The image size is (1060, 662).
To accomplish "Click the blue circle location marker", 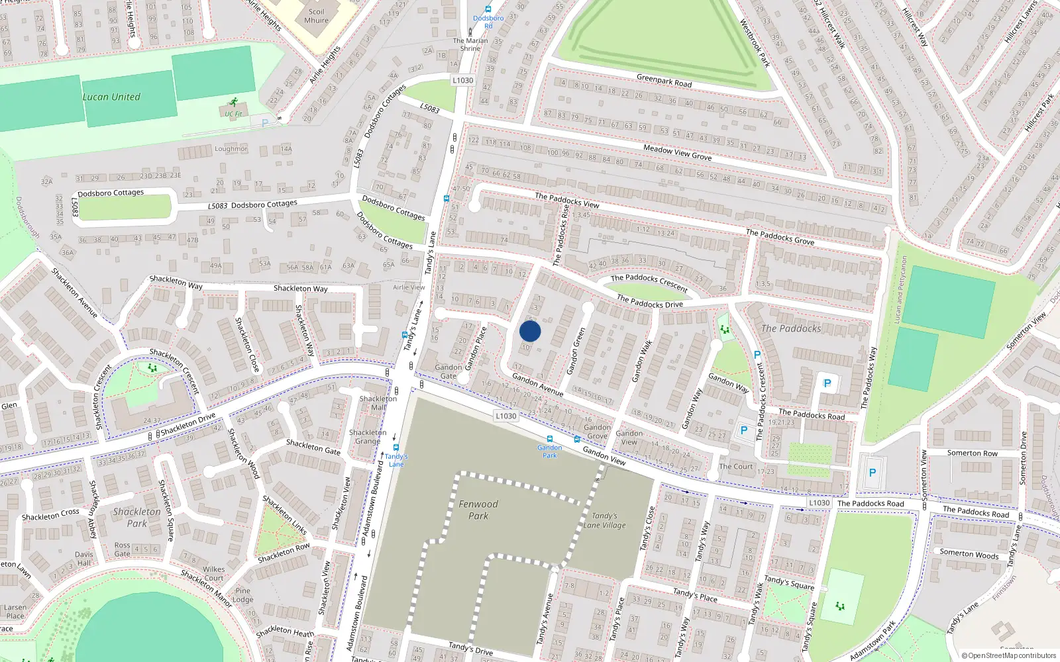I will pyautogui.click(x=530, y=331).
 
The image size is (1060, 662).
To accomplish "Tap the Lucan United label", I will pyautogui.click(x=111, y=97).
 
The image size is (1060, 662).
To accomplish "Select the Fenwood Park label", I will pyautogui.click(x=478, y=510).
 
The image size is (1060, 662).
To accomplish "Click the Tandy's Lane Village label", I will pyautogui.click(x=604, y=520).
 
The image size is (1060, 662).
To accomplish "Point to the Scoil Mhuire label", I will pyautogui.click(x=316, y=16).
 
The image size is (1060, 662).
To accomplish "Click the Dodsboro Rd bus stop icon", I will pyautogui.click(x=488, y=9).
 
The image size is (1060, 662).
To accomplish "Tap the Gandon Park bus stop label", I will pyautogui.click(x=550, y=451).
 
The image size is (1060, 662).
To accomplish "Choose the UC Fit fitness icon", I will pyautogui.click(x=233, y=102).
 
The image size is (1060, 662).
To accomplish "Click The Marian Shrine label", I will pyautogui.click(x=470, y=44).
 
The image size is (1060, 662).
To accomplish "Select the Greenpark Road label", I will pyautogui.click(x=664, y=81).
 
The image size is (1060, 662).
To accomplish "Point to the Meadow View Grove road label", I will pyautogui.click(x=677, y=153).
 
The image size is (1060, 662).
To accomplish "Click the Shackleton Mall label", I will pyautogui.click(x=378, y=403).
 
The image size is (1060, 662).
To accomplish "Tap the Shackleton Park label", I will pyautogui.click(x=136, y=517).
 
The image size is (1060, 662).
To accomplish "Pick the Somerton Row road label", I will pyautogui.click(x=972, y=453).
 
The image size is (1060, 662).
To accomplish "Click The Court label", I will pyautogui.click(x=736, y=466).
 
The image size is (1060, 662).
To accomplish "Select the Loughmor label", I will pyautogui.click(x=231, y=149).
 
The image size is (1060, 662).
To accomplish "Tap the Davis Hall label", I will pyautogui.click(x=84, y=559).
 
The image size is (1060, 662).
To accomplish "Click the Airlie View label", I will pyautogui.click(x=409, y=287).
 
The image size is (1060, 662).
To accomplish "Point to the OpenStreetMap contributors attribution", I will pyautogui.click(x=1008, y=655).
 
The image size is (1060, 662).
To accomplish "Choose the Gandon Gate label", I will pyautogui.click(x=449, y=371).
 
